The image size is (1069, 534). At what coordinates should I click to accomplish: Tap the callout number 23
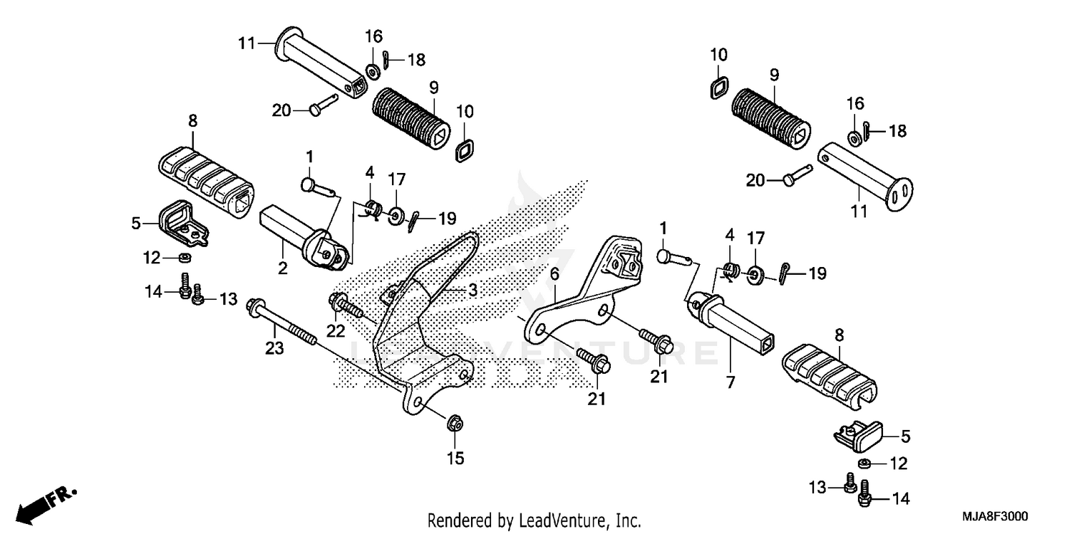(274, 348)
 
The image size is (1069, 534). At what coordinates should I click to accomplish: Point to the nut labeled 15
(453, 424)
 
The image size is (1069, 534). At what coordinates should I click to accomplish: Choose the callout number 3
(472, 290)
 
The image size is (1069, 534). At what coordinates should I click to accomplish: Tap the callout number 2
(282, 268)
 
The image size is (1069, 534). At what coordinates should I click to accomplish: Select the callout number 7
(730, 382)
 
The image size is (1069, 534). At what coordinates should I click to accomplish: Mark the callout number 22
(336, 330)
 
